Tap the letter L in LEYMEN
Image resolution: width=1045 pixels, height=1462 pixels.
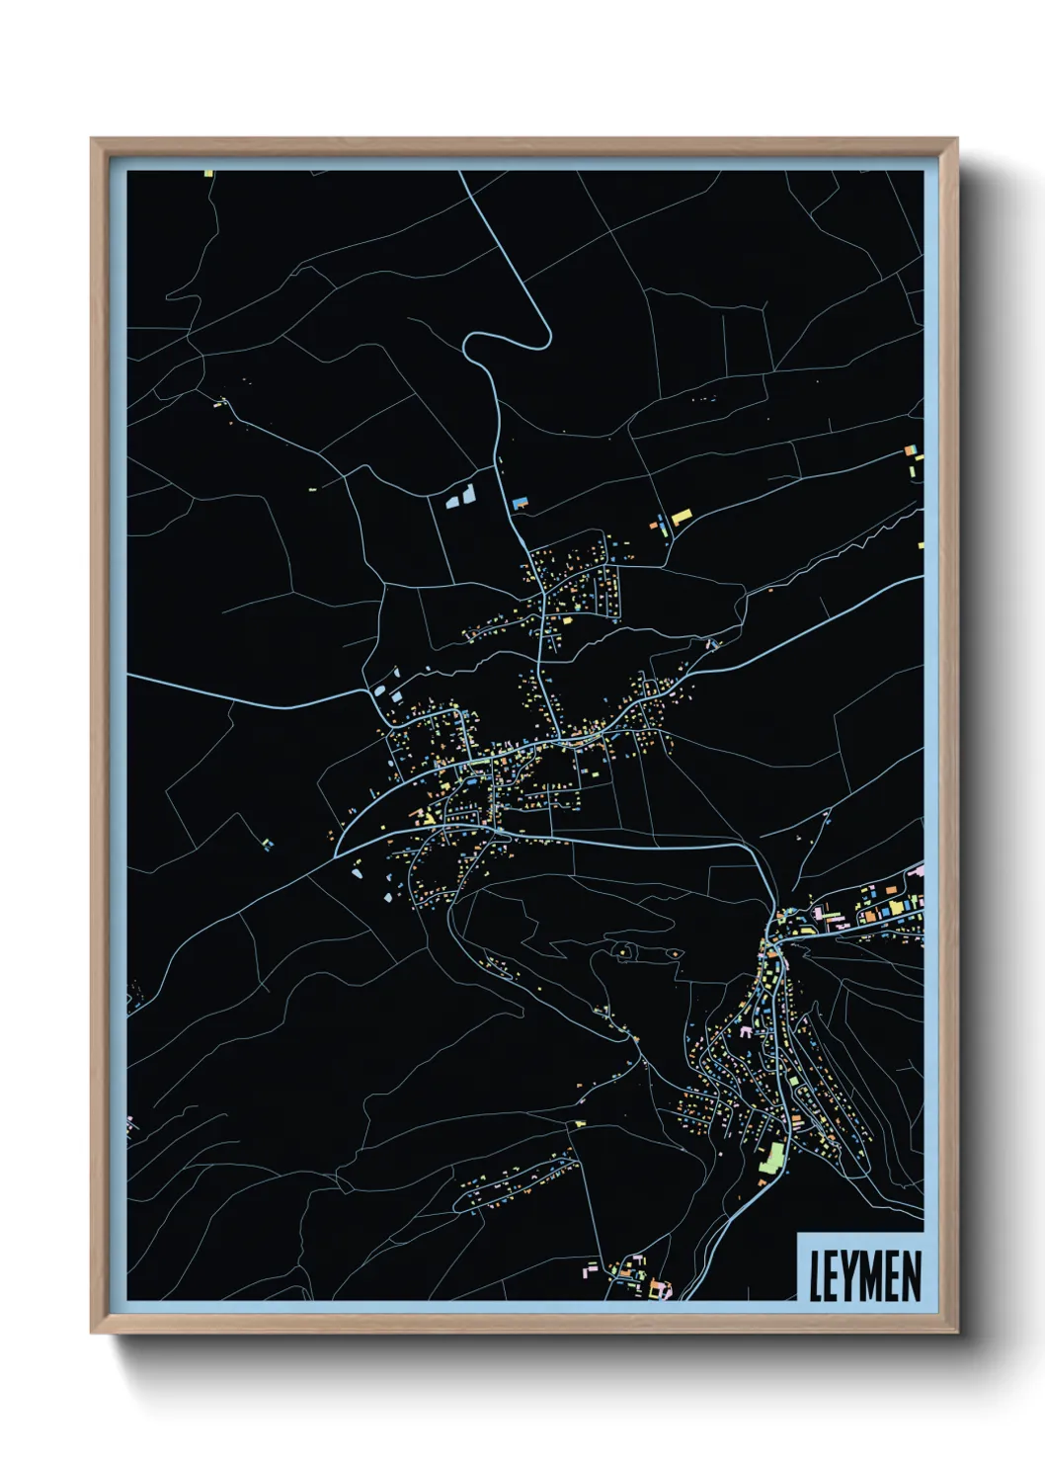pyautogui.click(x=817, y=1275)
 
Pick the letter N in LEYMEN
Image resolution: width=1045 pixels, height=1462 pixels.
pyautogui.click(x=910, y=1275)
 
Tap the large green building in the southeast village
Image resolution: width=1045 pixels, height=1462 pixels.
pyautogui.click(x=771, y=1157)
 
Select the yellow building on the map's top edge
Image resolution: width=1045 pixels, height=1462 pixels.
pyautogui.click(x=208, y=174)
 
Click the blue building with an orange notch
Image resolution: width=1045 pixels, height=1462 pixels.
pyautogui.click(x=520, y=503)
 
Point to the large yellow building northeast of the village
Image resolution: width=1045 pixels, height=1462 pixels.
pyautogui.click(x=682, y=516)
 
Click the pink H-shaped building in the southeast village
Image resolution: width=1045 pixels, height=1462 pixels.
pyautogui.click(x=746, y=1031)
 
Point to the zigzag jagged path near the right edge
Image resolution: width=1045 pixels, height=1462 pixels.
pyautogui.click(x=869, y=539)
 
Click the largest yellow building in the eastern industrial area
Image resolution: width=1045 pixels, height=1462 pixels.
pyautogui.click(x=896, y=906)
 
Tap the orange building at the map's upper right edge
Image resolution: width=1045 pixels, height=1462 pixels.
pyautogui.click(x=910, y=452)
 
